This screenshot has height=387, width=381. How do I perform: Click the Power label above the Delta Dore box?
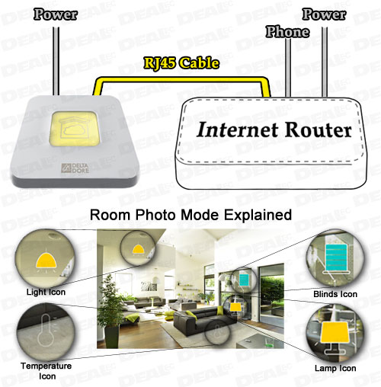[56, 14]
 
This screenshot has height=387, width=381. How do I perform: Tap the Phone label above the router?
[287, 32]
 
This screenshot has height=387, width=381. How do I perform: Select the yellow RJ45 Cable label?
[181, 63]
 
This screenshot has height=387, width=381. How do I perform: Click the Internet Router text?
[274, 130]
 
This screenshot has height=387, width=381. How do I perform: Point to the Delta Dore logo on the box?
[75, 168]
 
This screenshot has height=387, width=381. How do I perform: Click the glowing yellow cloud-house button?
[74, 130]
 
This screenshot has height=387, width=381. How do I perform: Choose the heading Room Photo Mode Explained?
[190, 215]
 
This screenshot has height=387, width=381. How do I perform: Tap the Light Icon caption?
[46, 292]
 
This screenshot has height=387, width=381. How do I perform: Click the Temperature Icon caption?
[46, 371]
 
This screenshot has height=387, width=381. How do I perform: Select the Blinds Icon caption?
[335, 294]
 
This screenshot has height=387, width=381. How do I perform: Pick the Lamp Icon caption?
[335, 368]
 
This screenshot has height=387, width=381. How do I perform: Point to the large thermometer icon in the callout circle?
[46, 330]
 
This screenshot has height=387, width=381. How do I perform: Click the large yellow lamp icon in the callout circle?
[335, 337]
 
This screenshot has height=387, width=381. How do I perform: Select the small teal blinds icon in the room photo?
[244, 280]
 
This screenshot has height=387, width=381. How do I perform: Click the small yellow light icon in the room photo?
[138, 249]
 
